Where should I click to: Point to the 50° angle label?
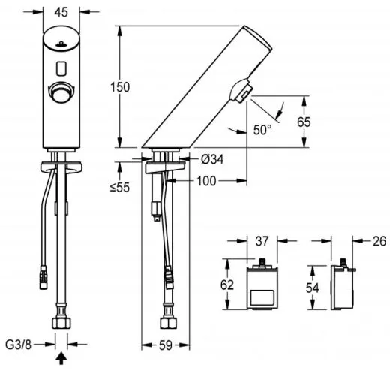262,130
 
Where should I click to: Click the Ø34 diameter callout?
211,159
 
